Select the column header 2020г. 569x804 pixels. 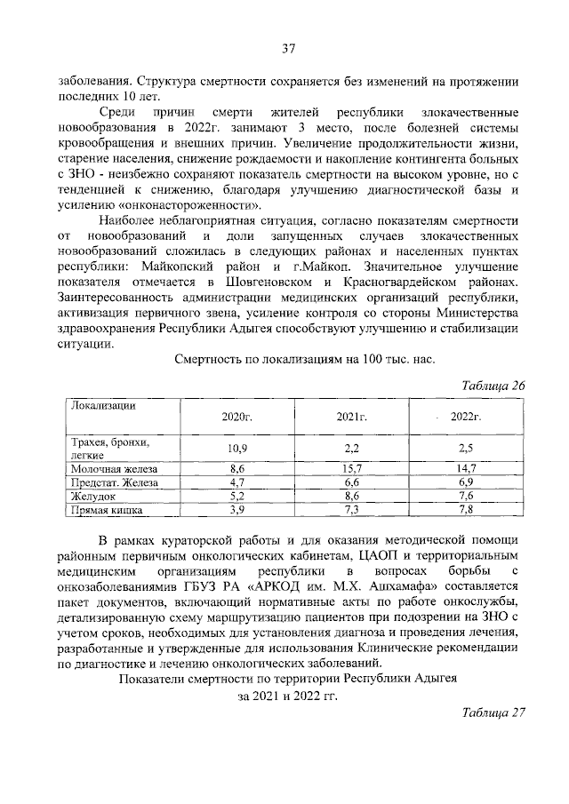pos(236,416)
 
